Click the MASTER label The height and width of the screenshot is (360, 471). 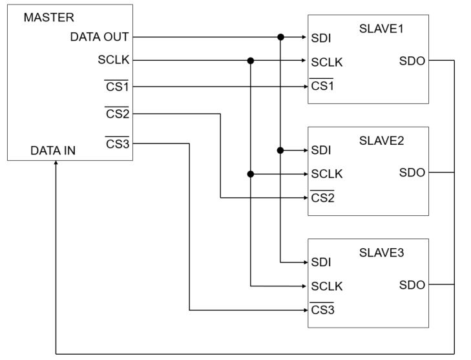click(x=48, y=17)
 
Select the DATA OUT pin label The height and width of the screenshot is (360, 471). click(x=99, y=37)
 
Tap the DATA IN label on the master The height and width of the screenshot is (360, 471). click(x=53, y=151)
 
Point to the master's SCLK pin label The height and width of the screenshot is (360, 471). click(x=114, y=60)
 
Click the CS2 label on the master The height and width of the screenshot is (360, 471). click(x=117, y=114)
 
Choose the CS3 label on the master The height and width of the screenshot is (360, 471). click(x=117, y=143)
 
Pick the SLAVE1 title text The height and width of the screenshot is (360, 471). click(x=381, y=29)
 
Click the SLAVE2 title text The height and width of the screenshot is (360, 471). click(x=381, y=141)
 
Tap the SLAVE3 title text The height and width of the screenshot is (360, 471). click(x=381, y=253)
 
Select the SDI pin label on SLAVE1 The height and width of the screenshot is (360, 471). click(x=321, y=38)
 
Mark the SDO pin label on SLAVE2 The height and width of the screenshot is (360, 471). click(x=412, y=173)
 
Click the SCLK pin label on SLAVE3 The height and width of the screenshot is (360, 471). click(x=327, y=286)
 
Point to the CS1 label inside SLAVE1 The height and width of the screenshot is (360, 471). click(x=322, y=86)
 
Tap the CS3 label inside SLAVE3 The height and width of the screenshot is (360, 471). click(x=322, y=310)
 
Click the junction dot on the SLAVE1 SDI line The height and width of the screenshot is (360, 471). click(x=280, y=37)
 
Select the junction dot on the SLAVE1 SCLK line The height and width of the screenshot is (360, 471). click(x=251, y=61)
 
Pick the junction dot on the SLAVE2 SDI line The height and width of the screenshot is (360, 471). click(x=280, y=150)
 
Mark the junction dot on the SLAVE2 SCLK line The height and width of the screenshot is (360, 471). click(x=251, y=174)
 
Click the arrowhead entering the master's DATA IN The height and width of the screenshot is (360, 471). click(x=56, y=163)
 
